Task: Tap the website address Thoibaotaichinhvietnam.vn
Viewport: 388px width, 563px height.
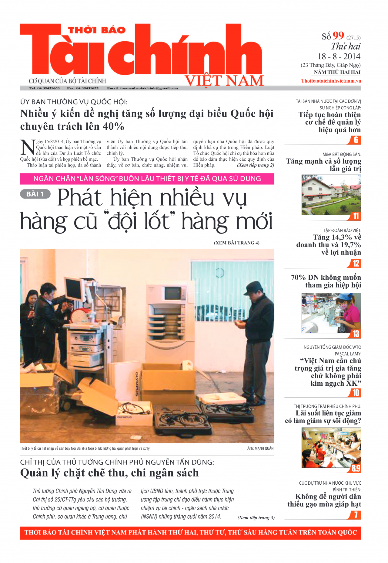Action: (x=331, y=81)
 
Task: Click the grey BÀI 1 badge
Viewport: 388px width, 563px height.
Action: (x=35, y=194)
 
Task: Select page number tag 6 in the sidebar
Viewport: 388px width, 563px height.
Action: (x=356, y=140)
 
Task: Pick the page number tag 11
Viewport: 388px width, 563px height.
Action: (x=356, y=216)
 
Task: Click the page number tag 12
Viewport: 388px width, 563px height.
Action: (x=356, y=263)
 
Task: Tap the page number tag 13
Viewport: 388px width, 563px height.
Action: (x=356, y=334)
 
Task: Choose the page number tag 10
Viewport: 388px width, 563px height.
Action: (x=356, y=393)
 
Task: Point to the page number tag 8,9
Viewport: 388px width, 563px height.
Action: (x=356, y=468)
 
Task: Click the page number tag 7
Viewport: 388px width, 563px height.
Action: (x=356, y=515)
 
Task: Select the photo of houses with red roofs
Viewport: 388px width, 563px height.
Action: (x=331, y=195)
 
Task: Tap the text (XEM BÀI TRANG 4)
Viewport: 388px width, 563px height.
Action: (x=236, y=243)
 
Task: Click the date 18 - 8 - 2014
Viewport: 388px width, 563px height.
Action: (x=339, y=56)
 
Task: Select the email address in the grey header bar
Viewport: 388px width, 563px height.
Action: (x=142, y=88)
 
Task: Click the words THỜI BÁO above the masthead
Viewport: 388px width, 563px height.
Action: (x=97, y=30)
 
